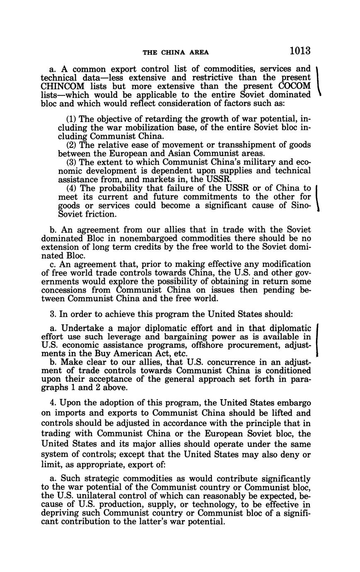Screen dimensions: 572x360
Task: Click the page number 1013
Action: tap(300, 51)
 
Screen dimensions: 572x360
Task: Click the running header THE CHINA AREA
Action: tap(176, 52)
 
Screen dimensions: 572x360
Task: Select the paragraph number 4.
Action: tap(43, 402)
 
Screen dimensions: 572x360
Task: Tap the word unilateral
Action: tap(93, 496)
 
